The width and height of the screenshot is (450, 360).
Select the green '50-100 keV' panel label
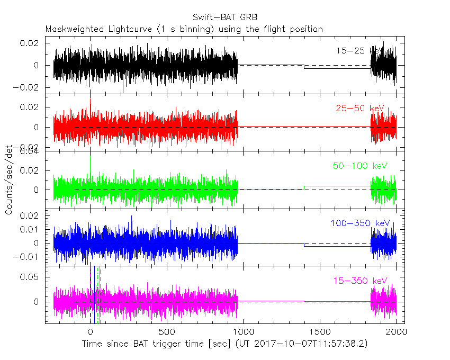click(358, 166)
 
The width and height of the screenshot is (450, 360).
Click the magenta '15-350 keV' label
click(360, 281)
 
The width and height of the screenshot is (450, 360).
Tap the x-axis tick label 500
click(167, 332)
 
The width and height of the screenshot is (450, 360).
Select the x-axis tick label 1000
click(243, 332)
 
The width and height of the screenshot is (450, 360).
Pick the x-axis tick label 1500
click(320, 332)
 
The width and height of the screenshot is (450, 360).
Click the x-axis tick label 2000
click(396, 332)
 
